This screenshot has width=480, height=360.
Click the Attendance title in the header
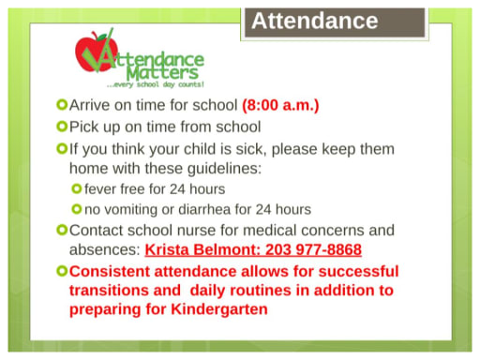(x=314, y=21)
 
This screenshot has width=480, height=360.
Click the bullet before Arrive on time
(x=62, y=105)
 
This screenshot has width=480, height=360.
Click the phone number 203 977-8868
(x=311, y=250)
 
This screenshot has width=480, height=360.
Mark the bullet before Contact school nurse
(x=62, y=230)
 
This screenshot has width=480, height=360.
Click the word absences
(x=104, y=250)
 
